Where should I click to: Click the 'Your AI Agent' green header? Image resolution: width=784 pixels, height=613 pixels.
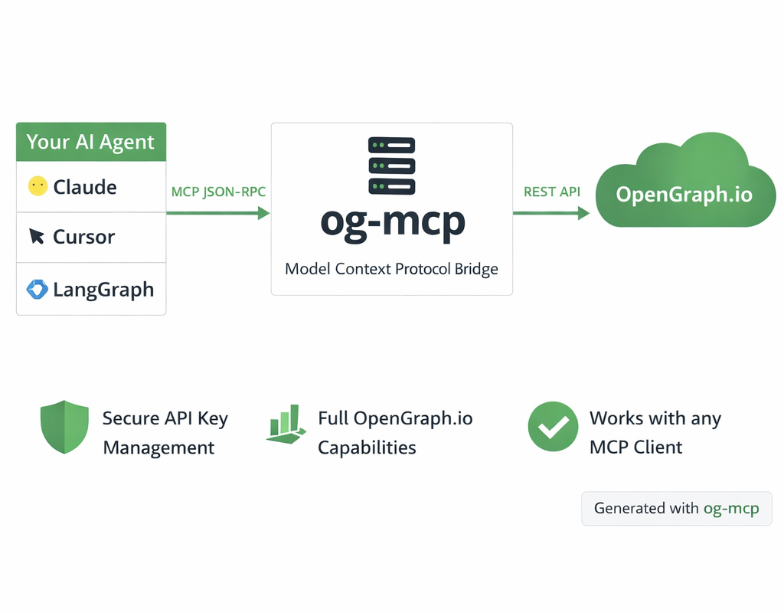[x=90, y=142]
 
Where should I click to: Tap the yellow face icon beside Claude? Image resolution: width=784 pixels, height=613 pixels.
[x=38, y=186]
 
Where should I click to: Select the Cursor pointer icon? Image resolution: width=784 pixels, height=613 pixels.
[x=37, y=237]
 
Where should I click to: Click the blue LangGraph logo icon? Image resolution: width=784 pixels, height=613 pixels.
[x=37, y=289]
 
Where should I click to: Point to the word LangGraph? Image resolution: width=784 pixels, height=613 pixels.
[x=103, y=290]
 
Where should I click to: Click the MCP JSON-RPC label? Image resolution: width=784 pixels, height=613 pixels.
[x=218, y=192]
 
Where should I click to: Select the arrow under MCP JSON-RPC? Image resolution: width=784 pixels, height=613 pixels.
[x=218, y=213]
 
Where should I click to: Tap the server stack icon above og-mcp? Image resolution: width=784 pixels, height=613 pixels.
[x=391, y=166]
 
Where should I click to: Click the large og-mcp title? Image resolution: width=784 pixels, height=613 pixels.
[x=392, y=222]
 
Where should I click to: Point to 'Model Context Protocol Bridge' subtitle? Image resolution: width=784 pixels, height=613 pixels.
[x=391, y=269]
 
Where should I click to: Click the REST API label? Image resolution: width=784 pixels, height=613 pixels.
[x=551, y=192]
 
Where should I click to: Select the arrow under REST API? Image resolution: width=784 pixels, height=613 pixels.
[x=551, y=213]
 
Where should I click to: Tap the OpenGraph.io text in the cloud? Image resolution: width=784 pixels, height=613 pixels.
[x=684, y=194]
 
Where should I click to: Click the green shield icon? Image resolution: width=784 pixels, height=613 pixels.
[x=64, y=426]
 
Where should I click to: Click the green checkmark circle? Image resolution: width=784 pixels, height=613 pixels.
[x=553, y=427]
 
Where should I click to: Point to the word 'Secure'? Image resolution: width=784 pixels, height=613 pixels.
[x=130, y=418]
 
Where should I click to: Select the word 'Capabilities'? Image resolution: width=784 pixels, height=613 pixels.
[x=367, y=447]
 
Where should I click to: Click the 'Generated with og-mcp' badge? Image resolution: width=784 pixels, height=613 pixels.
[x=677, y=508]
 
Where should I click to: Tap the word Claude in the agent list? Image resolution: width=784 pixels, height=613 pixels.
[x=84, y=187]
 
